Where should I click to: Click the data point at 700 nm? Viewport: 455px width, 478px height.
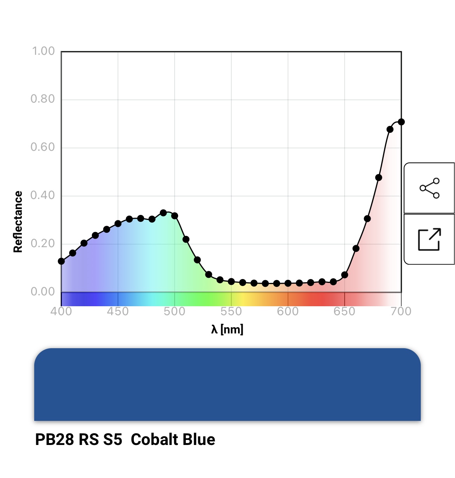(401, 122)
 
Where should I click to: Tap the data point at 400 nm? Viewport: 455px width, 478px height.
(61, 261)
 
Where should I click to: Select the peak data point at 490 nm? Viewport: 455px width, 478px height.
(163, 213)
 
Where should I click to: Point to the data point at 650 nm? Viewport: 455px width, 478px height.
(345, 275)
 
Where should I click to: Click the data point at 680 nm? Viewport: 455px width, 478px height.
(379, 178)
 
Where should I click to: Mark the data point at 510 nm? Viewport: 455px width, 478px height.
(186, 239)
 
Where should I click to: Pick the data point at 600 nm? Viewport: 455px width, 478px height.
(288, 283)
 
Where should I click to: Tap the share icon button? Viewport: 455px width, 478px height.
(429, 188)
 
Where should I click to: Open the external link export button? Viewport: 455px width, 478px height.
(429, 239)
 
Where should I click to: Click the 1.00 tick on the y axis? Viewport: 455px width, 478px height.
(43, 51)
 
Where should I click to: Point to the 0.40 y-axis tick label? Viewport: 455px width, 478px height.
(43, 195)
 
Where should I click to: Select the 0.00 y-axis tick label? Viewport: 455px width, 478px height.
(43, 291)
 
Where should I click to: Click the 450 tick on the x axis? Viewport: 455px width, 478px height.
(118, 312)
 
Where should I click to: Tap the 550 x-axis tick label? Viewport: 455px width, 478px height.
(231, 312)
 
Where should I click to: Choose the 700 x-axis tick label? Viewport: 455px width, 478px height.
(401, 312)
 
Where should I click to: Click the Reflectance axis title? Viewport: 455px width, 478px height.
(18, 222)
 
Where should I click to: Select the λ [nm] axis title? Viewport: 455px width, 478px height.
(227, 330)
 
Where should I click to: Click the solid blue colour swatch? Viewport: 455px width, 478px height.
(227, 384)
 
